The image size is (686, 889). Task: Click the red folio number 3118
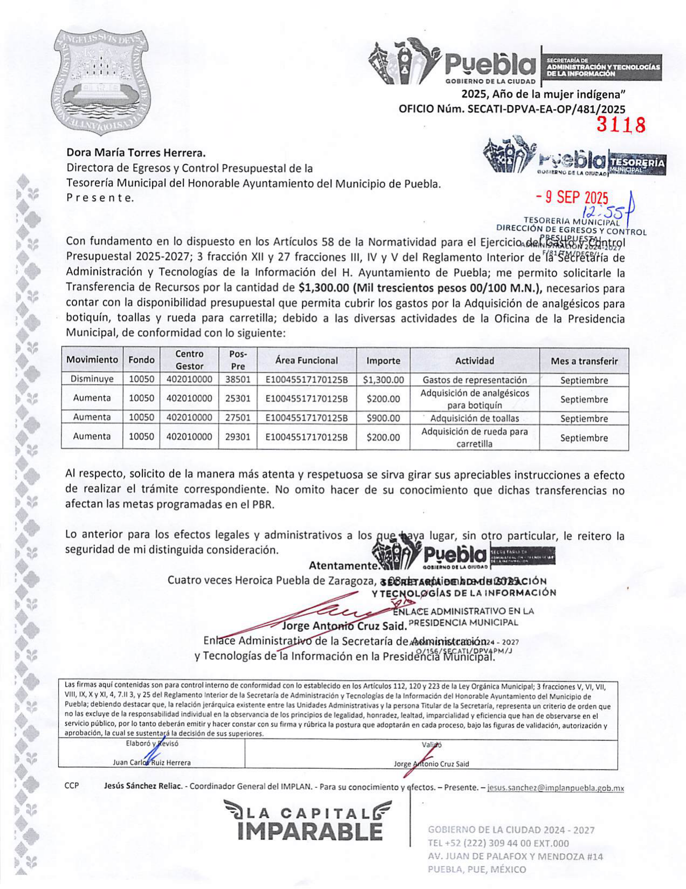621,125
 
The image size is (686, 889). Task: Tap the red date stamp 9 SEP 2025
572,198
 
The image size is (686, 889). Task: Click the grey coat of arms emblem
101,82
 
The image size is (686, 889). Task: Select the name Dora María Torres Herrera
136,154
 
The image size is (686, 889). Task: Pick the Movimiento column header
92,360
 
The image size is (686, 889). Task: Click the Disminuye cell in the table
92,379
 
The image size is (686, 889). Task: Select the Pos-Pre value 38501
238,379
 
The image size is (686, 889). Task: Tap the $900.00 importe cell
383,418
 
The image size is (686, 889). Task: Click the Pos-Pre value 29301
238,437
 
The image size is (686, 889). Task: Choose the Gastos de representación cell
475,380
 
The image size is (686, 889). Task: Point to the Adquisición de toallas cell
475,418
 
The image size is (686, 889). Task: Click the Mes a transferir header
584,361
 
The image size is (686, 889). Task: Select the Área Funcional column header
307,360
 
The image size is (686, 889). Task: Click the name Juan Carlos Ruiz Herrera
151,763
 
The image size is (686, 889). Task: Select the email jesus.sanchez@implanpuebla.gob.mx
556,788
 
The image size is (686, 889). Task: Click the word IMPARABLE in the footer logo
310,831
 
